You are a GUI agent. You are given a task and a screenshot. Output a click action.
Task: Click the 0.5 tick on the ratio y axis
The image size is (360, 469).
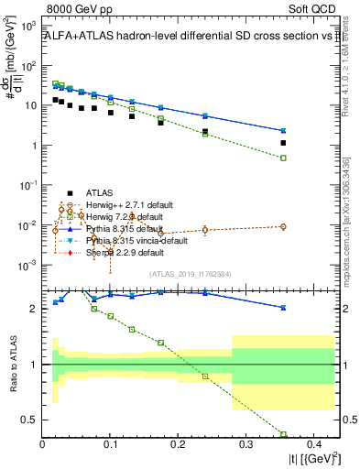click(x=33, y=420)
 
